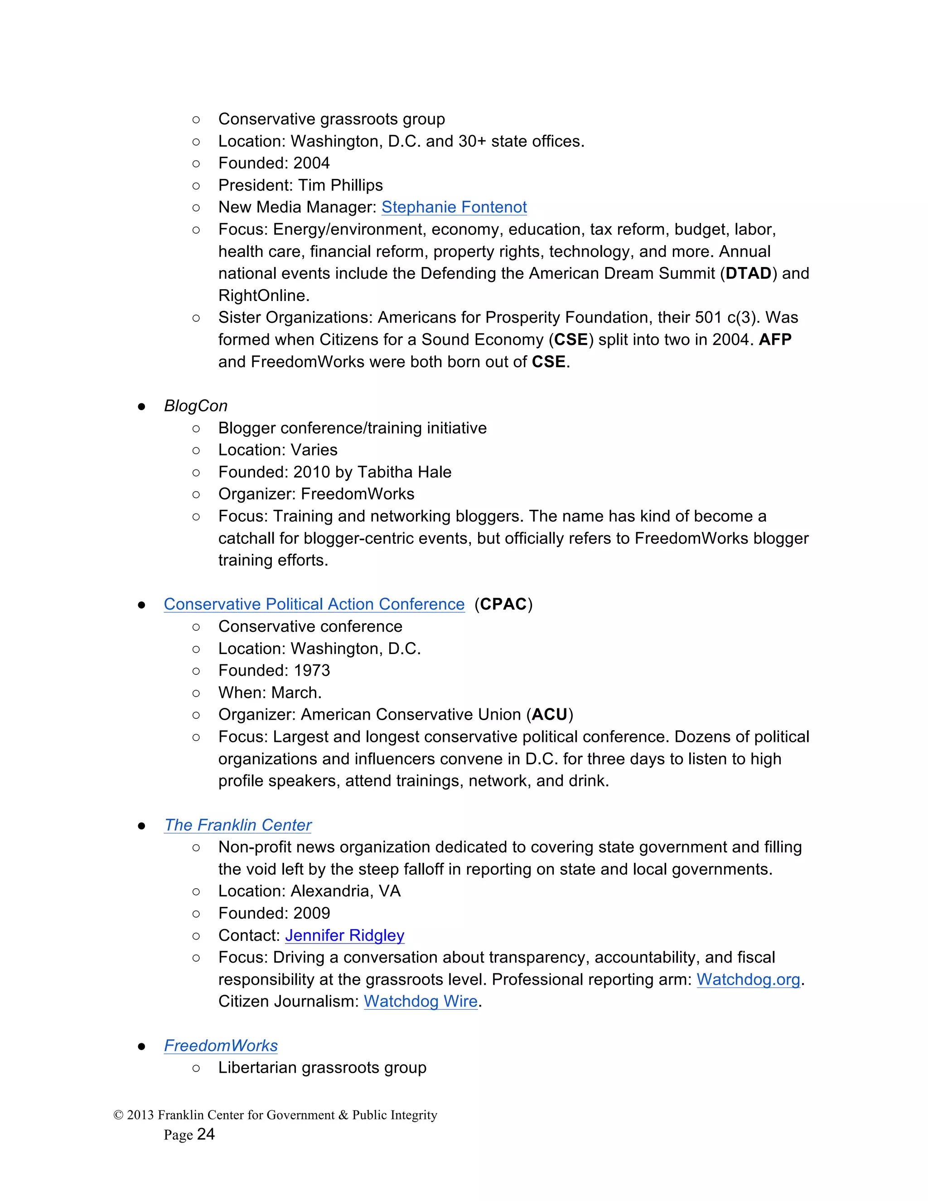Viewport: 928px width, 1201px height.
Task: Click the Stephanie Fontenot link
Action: coord(454,207)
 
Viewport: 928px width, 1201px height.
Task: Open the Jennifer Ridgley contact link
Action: coord(344,935)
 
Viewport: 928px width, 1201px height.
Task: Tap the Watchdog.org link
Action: coord(748,979)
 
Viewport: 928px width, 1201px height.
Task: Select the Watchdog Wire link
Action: coord(420,1002)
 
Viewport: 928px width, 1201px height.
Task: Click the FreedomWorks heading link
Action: coord(221,1046)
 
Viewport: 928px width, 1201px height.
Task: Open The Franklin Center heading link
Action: coord(237,825)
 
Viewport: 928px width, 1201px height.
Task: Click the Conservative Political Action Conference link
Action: coord(314,604)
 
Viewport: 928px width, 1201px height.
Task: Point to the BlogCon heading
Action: coord(195,406)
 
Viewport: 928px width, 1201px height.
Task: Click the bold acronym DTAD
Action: coord(748,273)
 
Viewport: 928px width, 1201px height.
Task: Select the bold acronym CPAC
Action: coord(503,604)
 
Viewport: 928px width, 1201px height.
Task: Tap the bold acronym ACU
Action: coord(549,715)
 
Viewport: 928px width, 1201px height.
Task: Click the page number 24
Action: coord(206,1134)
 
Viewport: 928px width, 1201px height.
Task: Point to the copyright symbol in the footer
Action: coord(118,1115)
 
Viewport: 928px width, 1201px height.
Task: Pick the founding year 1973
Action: coord(312,670)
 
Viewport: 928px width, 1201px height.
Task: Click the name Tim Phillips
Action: coord(340,185)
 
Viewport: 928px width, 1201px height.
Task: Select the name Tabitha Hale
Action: coord(404,472)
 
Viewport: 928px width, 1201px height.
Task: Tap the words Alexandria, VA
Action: coord(345,891)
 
